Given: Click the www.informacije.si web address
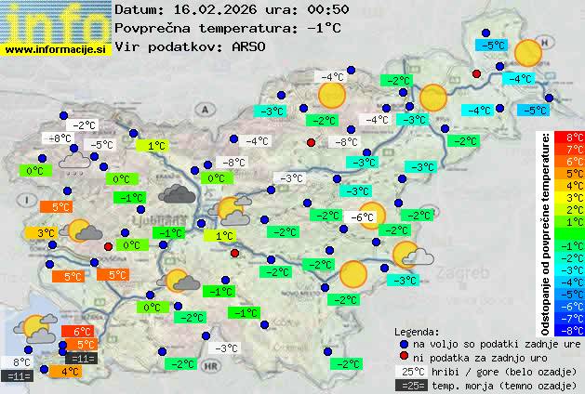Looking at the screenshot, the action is [x=56, y=49].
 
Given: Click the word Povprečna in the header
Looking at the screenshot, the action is [x=157, y=28].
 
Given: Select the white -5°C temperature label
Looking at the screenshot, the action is [x=100, y=144].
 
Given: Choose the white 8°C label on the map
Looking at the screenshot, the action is [x=21, y=362].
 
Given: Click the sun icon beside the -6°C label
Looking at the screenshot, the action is [x=372, y=215].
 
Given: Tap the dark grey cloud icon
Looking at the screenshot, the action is [x=177, y=193].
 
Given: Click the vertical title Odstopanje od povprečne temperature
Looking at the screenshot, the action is [x=546, y=232].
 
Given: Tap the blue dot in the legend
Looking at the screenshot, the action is [x=404, y=343].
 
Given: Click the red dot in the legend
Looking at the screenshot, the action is [x=404, y=357].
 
